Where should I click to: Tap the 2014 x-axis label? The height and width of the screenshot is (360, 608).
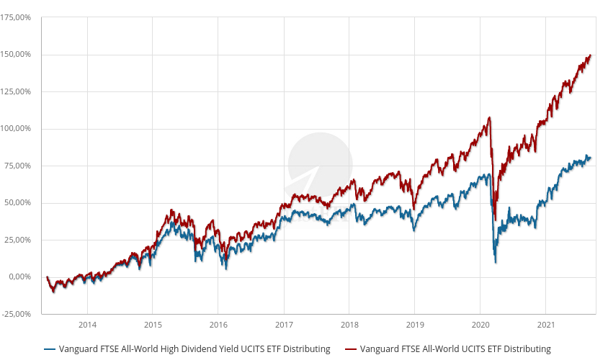[87, 324]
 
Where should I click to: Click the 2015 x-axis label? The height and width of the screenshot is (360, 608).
[153, 324]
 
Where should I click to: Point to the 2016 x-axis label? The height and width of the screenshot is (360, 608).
[218, 324]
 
